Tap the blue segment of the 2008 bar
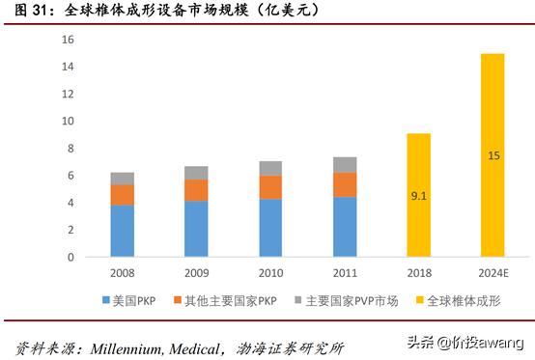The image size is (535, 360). (122, 231)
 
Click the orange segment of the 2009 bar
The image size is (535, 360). (196, 190)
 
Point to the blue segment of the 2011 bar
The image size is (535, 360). (345, 227)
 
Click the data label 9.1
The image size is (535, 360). (417, 196)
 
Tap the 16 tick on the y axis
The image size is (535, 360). (68, 40)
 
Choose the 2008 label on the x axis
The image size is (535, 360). (122, 274)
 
